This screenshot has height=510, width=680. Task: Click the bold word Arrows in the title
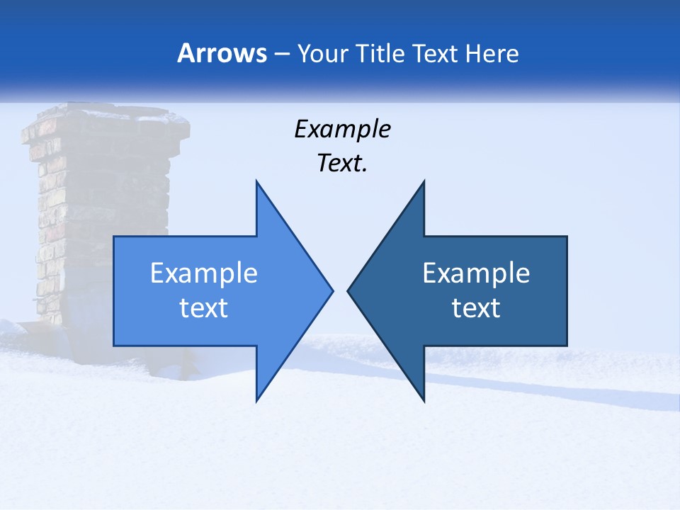222,53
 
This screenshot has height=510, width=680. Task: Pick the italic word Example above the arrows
342,129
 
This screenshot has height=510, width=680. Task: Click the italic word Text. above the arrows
342,163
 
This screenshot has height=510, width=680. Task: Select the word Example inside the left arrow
203,273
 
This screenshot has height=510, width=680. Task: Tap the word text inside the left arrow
203,308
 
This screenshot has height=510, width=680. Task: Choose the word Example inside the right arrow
476,273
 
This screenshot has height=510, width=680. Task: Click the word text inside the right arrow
476,308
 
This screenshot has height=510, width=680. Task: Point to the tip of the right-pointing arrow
332,290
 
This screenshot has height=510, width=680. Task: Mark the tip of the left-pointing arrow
348,290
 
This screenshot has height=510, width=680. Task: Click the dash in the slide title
281,54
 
